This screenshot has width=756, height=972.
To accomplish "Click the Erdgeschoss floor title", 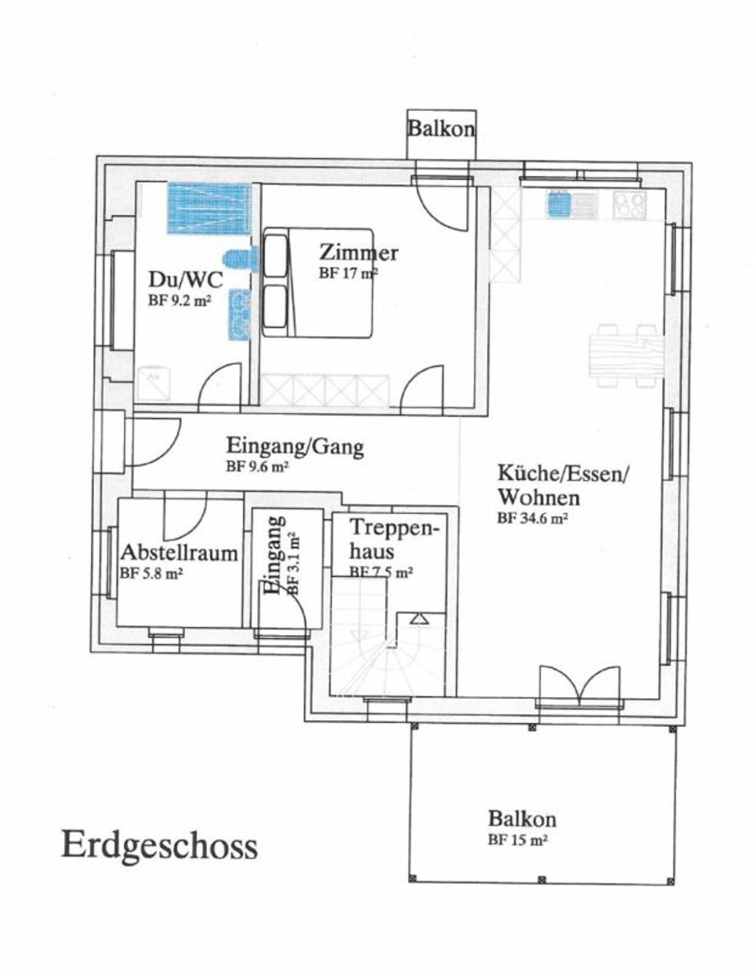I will (159, 845).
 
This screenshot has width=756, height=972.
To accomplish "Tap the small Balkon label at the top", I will (441, 129).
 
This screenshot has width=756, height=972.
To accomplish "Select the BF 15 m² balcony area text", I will (518, 840).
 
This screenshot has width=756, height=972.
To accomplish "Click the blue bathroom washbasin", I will (239, 314).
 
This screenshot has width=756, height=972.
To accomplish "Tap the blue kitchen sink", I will (559, 204).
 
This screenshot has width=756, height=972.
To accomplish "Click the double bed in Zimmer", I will (319, 283).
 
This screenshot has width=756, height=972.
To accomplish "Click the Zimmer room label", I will (358, 252).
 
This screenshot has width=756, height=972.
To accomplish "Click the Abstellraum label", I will (179, 553).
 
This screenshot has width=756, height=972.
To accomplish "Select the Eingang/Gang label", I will (295, 446).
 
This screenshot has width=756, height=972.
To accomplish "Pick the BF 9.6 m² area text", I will (257, 467).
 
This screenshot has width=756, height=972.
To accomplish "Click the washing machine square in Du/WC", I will (154, 382).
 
